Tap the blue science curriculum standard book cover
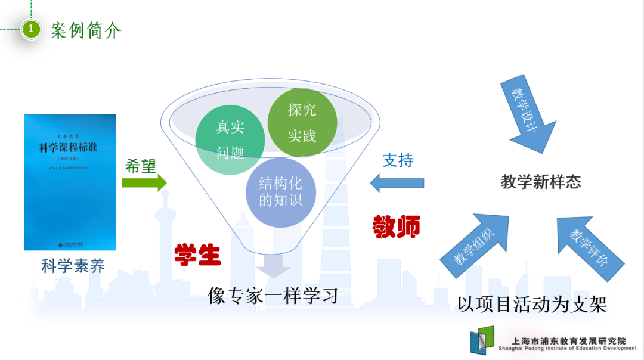click(x=70, y=182)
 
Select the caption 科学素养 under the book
click(x=73, y=266)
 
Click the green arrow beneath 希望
click(x=144, y=183)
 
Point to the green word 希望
click(x=141, y=166)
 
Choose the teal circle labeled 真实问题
click(x=230, y=140)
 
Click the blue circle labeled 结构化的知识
click(x=280, y=192)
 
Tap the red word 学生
click(x=197, y=255)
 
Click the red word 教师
click(x=397, y=226)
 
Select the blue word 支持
click(x=398, y=160)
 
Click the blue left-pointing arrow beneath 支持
click(x=397, y=182)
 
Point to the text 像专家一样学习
click(x=273, y=295)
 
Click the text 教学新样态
click(x=541, y=182)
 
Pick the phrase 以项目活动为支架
click(x=532, y=305)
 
